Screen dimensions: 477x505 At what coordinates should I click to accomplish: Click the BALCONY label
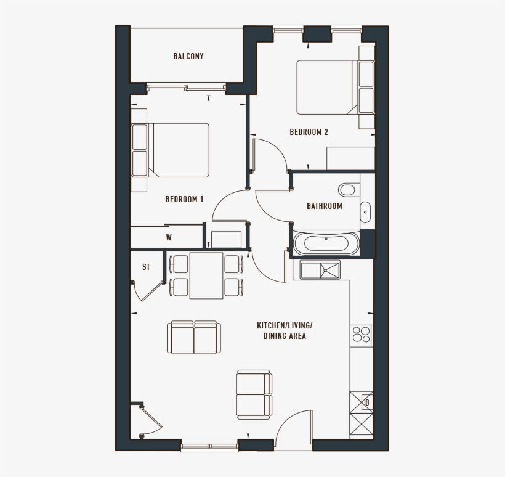point(188,56)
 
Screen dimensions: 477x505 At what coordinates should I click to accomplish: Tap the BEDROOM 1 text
point(184,199)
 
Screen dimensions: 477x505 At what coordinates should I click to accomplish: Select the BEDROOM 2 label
point(309,132)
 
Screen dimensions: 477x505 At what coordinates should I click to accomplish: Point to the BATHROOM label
point(325,206)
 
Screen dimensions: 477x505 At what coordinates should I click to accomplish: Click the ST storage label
point(146,267)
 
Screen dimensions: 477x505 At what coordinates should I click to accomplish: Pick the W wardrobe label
point(168,237)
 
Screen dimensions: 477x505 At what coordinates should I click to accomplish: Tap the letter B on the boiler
point(366,403)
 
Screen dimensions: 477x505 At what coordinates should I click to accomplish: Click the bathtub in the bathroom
point(326,243)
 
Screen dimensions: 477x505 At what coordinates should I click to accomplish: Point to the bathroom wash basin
point(365,211)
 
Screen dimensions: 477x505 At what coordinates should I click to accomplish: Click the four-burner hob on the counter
point(362,335)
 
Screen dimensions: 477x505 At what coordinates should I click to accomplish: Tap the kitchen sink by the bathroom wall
point(320,269)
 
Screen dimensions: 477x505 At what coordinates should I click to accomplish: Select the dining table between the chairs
point(206,275)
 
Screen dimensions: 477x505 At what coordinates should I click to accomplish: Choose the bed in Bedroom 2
point(326,87)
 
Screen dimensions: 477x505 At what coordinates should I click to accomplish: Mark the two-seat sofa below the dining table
point(194,337)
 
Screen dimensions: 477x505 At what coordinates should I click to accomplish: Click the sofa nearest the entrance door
point(254,394)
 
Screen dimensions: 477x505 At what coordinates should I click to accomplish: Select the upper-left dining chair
point(179,264)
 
